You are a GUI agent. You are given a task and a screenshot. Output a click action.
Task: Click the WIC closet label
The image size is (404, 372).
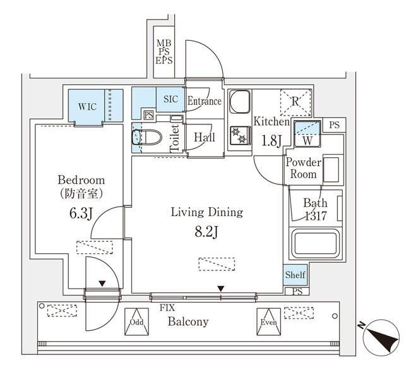tap(87, 106)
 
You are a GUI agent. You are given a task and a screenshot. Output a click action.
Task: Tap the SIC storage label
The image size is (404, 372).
tap(170, 99)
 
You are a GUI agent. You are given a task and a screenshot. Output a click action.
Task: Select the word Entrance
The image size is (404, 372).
tap(205, 101)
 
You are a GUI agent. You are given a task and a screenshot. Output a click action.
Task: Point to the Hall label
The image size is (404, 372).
tap(204, 137)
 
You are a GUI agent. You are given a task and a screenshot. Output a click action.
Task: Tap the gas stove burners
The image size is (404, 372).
tap(241, 135)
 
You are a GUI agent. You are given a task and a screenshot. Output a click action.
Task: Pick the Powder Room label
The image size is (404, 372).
tap(304, 168)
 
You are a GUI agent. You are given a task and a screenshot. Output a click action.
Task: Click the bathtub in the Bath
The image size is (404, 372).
tap(315, 243)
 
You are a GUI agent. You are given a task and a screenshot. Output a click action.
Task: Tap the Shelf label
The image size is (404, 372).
tap(295, 275)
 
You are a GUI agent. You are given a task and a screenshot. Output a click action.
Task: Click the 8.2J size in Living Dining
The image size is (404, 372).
tap(206, 232)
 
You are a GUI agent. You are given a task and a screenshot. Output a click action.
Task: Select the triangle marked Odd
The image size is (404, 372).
tap(136, 320)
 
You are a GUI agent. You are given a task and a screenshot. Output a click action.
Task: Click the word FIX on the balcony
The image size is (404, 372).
tap(167, 308)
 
